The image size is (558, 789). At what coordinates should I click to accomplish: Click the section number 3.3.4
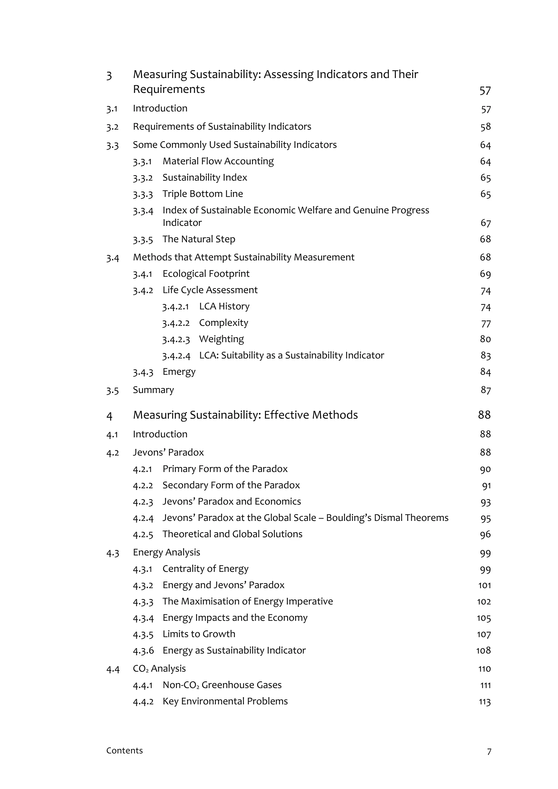pos(143,211)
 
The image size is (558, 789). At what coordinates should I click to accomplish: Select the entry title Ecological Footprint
pos(206,274)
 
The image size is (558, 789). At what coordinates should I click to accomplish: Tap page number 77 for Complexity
pos(486,323)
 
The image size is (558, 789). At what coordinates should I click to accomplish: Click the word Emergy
pos(179,372)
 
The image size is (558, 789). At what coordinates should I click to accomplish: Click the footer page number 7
pos(489,752)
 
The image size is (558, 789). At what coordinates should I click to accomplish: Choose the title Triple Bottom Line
pos(203,194)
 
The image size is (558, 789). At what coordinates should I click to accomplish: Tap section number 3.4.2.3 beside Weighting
pos(176,339)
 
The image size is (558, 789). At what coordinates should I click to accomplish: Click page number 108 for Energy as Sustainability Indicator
pos(483,651)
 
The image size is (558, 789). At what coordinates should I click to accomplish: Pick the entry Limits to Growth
pos(199,634)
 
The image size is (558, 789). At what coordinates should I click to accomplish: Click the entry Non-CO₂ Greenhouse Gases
pos(222,685)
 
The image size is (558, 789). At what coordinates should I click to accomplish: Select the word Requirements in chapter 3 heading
pos(169,89)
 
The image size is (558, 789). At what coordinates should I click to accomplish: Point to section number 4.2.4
pos(143,518)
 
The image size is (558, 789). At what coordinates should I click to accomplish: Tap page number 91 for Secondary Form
pos(486,485)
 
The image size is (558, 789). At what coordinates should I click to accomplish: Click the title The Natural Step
pos(199,239)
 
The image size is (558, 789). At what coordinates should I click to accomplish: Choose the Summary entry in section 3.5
pos(153,390)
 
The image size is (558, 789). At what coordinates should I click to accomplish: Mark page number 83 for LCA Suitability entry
pos(486,356)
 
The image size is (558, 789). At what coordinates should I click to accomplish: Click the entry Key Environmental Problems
pos(225,701)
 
